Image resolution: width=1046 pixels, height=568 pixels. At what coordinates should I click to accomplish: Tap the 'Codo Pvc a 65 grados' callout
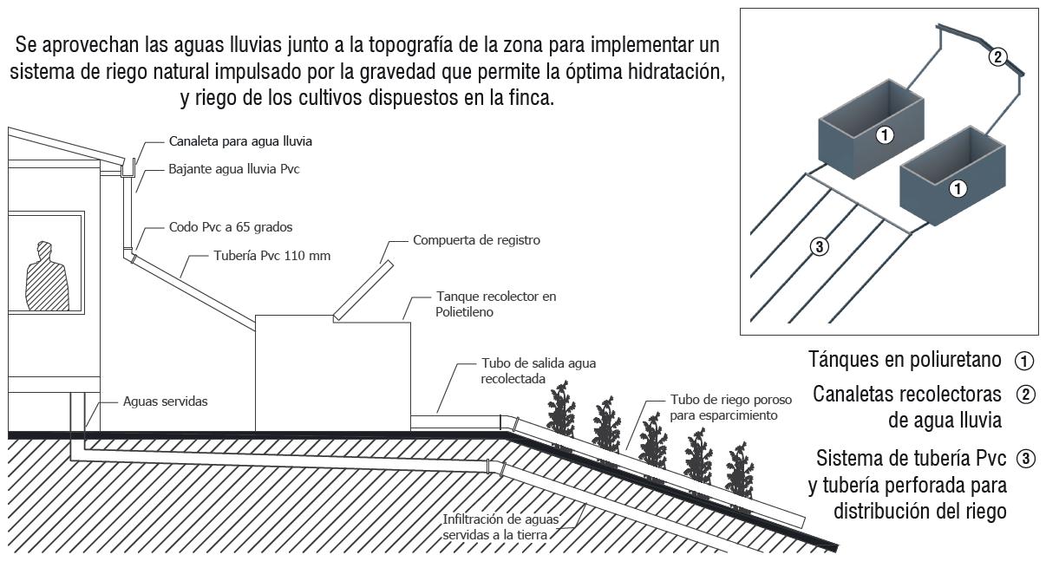pos(231,227)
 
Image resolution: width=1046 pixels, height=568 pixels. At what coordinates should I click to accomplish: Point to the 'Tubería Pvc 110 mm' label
pos(271,256)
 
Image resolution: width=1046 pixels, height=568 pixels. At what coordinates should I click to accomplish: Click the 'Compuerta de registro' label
pos(476,240)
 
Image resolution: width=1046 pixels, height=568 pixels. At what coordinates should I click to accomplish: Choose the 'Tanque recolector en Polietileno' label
pos(497,304)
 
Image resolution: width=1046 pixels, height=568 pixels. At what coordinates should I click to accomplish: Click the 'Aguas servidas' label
pos(166,402)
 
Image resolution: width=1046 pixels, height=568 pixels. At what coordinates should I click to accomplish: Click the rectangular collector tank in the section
pos(331,373)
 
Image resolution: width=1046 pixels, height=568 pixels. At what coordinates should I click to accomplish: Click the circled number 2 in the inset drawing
pos(998,57)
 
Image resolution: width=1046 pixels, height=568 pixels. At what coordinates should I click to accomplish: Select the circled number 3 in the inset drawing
pos(819,246)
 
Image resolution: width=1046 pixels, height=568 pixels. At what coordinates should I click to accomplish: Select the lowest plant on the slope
pos(739,472)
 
